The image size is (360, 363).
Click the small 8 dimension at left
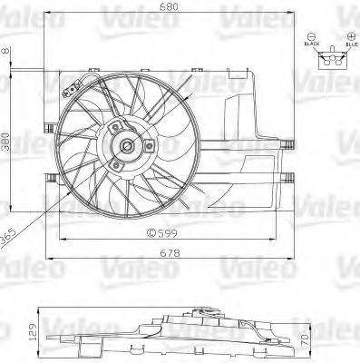[6, 52]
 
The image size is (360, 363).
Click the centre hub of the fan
[126, 145]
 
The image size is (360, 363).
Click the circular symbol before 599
[149, 232]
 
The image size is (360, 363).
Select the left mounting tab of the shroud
[46, 175]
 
